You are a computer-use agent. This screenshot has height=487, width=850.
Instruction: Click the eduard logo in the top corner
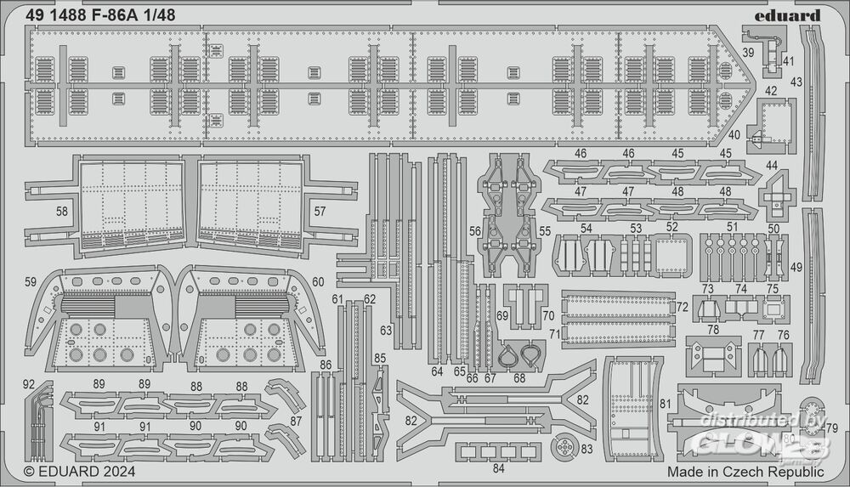coord(792,15)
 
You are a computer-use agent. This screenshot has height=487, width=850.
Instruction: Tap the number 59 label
coord(30,281)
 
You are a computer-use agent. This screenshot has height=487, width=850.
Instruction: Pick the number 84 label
coord(497,467)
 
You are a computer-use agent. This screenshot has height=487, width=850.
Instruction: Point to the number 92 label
coord(30,383)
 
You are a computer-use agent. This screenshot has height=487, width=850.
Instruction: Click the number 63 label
coord(387,330)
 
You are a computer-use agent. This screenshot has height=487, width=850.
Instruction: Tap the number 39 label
coord(748,53)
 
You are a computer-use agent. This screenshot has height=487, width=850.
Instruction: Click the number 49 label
coord(796,267)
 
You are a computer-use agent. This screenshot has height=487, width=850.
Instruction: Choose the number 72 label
coord(682,306)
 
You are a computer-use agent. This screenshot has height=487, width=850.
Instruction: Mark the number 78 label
coord(712,329)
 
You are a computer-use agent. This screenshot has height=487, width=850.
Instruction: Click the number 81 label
coord(665,404)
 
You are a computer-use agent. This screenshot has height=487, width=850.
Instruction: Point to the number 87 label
coord(296,422)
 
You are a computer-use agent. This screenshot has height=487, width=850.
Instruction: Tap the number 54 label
coord(586,229)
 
